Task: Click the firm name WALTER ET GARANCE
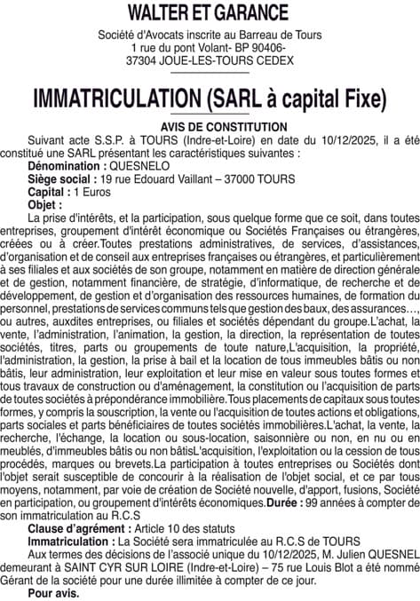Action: click(210, 12)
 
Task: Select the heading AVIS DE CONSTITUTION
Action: click(210, 128)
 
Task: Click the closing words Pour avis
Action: click(53, 591)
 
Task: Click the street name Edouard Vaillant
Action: click(180, 178)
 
